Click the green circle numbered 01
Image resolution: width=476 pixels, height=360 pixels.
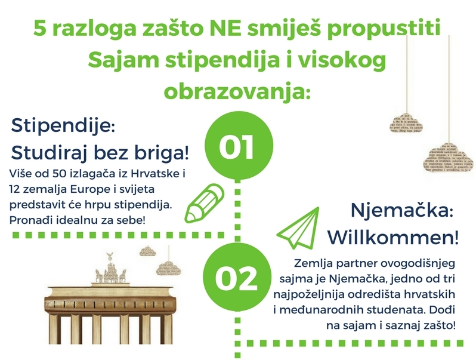239,145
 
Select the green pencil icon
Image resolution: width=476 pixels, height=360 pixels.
205,203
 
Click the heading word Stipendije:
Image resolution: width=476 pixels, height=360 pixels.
63,125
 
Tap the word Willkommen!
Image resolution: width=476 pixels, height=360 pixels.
393,237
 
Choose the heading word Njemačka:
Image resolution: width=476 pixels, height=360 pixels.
402,211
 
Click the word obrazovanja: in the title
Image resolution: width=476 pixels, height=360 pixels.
237,92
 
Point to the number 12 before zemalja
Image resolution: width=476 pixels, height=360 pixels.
14,189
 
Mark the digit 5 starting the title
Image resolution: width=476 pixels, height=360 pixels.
39,29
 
